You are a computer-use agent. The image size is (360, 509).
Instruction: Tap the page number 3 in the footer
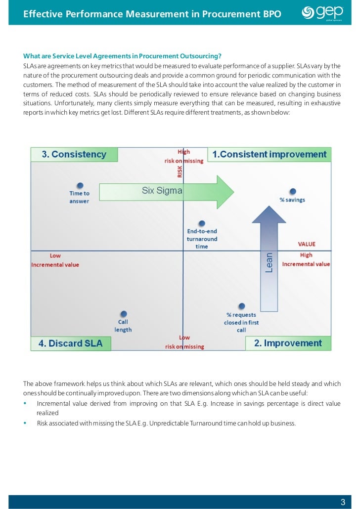[343, 502]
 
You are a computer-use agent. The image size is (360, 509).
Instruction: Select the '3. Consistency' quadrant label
[74, 155]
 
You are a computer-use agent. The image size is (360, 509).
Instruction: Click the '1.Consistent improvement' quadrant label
[270, 155]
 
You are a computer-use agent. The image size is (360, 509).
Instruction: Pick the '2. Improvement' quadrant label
[288, 343]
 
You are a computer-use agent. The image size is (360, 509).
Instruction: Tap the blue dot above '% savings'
[293, 191]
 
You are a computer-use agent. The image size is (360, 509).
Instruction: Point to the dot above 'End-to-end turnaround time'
[201, 223]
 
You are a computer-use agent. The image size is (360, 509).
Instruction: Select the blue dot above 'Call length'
[124, 314]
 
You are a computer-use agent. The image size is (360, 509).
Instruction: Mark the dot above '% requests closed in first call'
[241, 307]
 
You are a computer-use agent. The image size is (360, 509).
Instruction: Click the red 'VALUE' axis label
[306, 244]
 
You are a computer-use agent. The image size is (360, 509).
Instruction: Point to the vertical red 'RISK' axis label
[180, 171]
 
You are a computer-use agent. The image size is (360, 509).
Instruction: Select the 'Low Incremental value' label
[55, 260]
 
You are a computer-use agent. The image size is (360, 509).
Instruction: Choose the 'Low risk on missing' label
[184, 342]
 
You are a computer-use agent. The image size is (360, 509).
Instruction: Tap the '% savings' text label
[293, 200]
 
